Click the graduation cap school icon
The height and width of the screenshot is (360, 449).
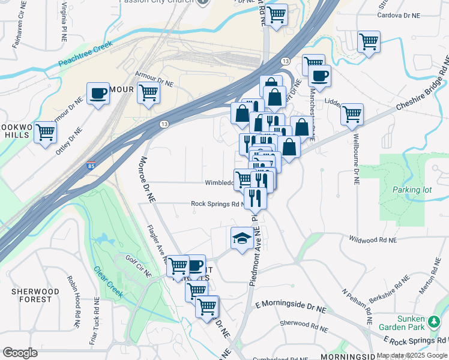coord(241,238)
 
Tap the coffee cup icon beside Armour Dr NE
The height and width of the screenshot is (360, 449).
coord(98,94)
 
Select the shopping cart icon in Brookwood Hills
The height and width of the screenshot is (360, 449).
coord(46,132)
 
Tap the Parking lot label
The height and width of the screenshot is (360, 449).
coord(412,190)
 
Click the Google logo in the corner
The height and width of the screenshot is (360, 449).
coord(20,352)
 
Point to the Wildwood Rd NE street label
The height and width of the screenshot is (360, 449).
coord(373,239)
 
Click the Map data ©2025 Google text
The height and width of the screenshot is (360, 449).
coord(412,355)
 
